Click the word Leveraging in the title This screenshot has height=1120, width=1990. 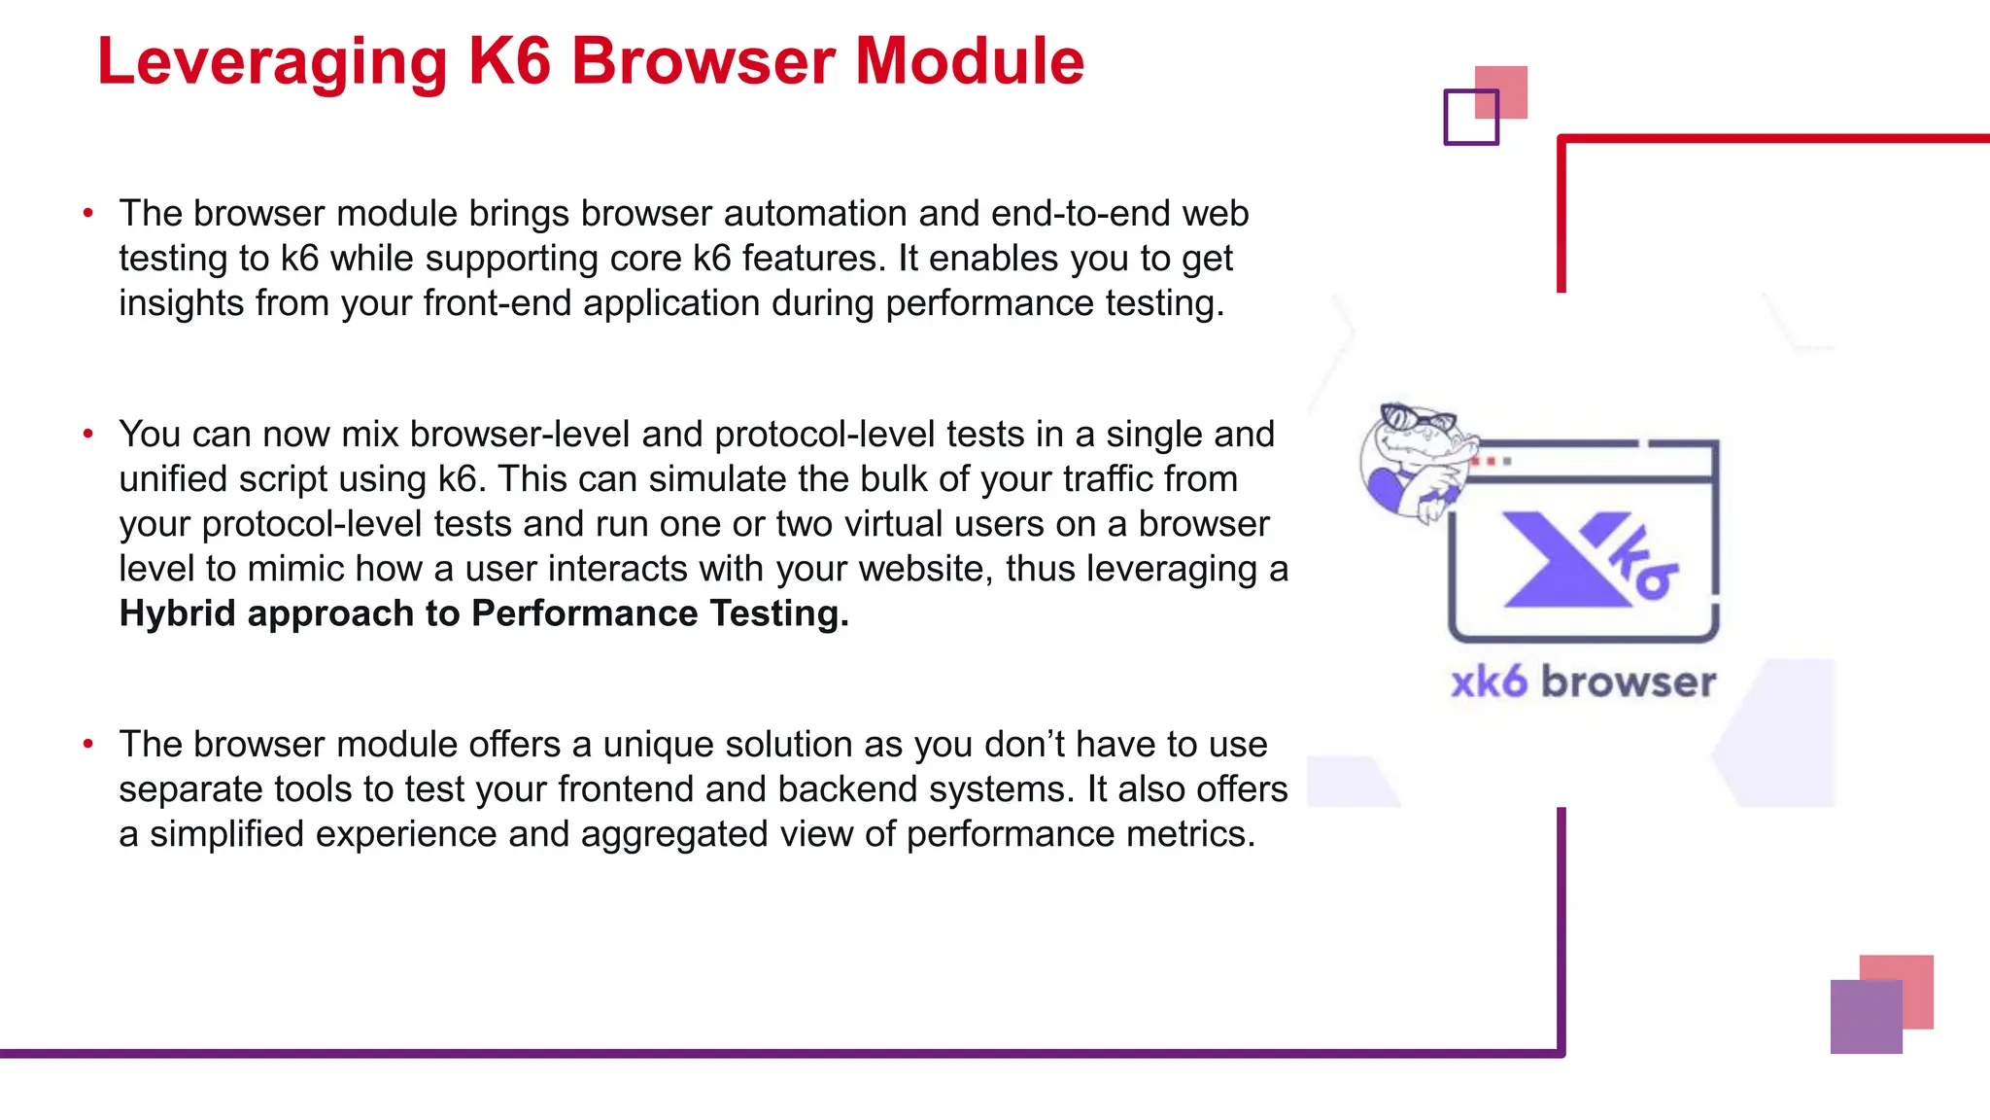click(272, 62)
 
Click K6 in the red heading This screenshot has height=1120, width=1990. click(510, 62)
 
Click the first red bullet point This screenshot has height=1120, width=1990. click(88, 213)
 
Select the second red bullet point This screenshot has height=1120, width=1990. click(88, 434)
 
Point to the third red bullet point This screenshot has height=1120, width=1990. click(88, 744)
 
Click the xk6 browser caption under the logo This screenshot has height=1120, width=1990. click(1583, 682)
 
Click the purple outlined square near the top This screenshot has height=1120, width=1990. click(1470, 118)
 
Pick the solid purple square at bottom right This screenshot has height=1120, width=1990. click(1866, 1017)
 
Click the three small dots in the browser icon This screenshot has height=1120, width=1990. click(1491, 461)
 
